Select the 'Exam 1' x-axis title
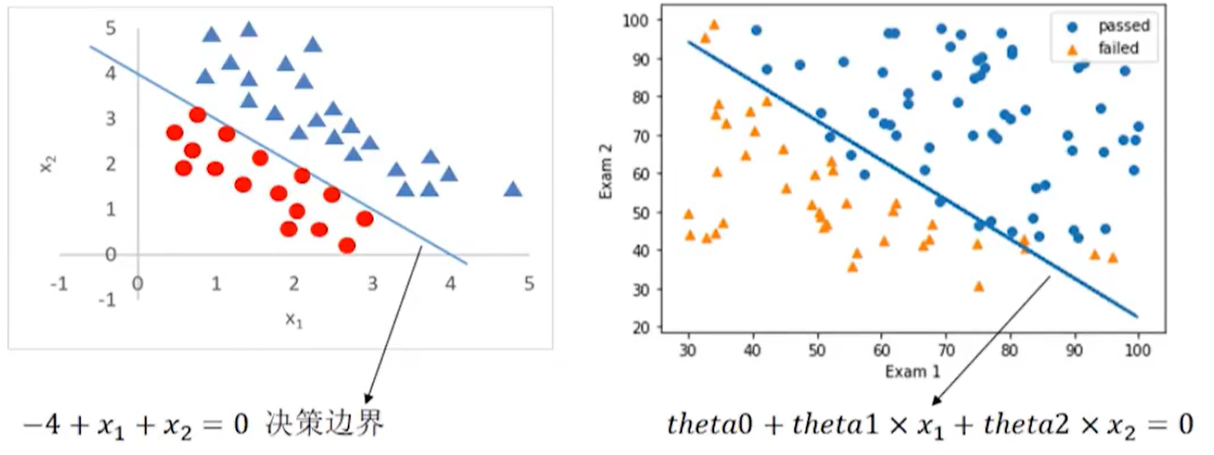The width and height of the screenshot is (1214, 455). [912, 372]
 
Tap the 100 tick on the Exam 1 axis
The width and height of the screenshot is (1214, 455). [1137, 351]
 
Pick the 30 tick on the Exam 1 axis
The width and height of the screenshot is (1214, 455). [689, 351]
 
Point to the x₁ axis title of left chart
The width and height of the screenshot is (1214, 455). [294, 321]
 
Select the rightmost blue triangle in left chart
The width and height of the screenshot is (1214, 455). [512, 189]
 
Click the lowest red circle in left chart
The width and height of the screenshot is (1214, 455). [346, 245]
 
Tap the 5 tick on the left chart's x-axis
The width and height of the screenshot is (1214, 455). [528, 284]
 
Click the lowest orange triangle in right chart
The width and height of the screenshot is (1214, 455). [978, 286]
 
